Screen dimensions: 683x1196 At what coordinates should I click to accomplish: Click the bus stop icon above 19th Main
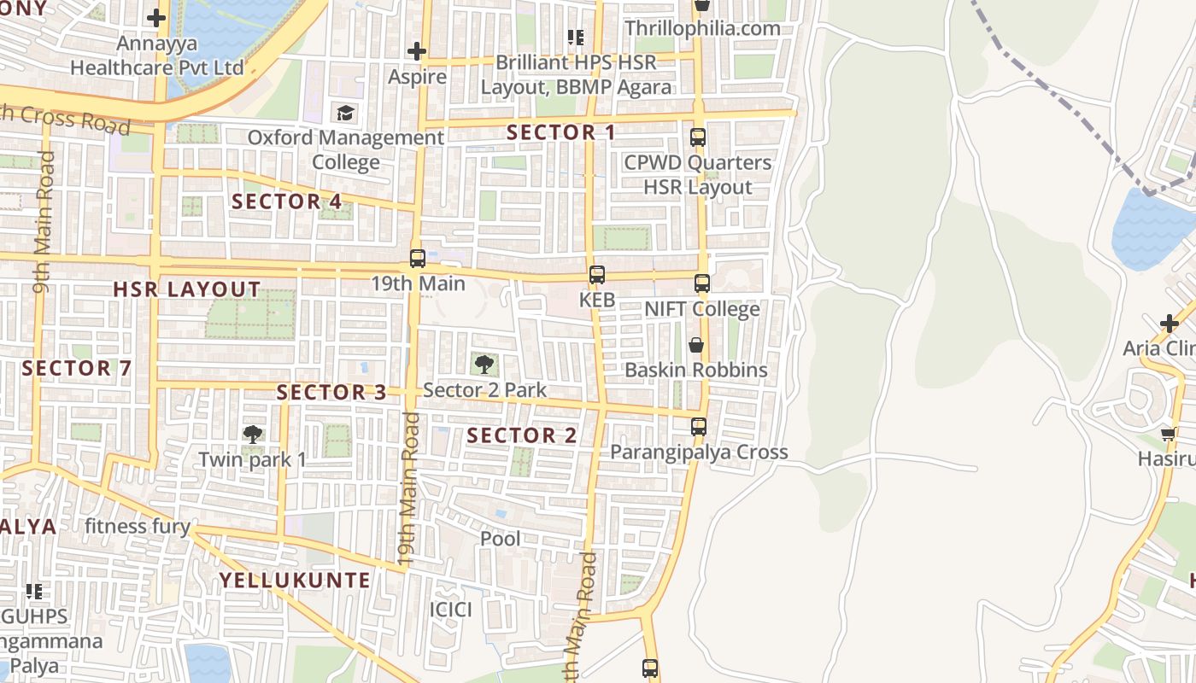417,258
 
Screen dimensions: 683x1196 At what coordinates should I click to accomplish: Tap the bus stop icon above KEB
596,275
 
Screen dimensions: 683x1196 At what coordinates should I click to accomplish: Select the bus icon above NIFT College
701,283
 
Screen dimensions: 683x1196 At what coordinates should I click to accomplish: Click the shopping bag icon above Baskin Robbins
696,345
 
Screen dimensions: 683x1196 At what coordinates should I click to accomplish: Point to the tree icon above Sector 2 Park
484,365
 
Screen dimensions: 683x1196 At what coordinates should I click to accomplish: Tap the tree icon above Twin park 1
252,435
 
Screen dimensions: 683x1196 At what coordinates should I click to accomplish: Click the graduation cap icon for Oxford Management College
345,113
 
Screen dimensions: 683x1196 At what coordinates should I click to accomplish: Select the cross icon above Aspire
417,52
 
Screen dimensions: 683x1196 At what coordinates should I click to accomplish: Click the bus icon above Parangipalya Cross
699,426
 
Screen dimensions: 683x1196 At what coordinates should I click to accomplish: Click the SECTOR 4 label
287,201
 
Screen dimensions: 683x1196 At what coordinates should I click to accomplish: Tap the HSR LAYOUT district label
187,289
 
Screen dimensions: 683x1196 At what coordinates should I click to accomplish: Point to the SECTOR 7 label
77,369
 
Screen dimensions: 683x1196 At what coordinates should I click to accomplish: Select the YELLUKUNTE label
295,581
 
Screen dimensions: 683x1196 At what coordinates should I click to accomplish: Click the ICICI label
450,610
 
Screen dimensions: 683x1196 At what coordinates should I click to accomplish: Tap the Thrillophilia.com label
702,28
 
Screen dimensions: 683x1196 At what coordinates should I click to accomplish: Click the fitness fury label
137,526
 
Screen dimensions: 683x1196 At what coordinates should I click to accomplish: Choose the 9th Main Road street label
43,222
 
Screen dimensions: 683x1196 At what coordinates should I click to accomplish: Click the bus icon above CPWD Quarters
698,137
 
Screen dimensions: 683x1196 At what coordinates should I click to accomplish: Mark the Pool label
500,539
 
